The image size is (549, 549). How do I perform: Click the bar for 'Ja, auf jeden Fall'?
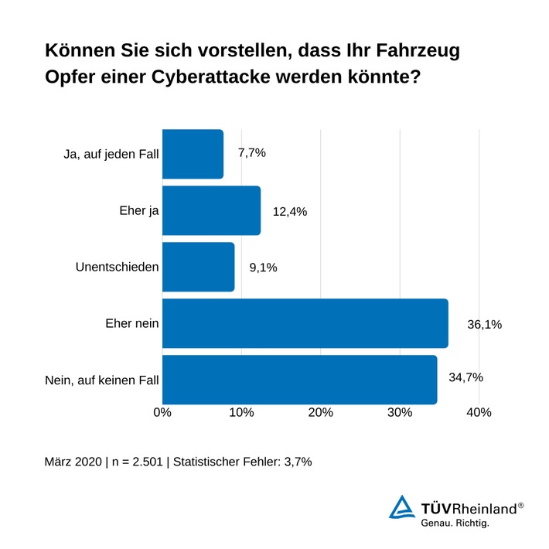pyautogui.click(x=193, y=154)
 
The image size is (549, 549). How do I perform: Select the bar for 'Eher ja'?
pyautogui.click(x=211, y=210)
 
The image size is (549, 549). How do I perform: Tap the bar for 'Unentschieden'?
pyautogui.click(x=198, y=267)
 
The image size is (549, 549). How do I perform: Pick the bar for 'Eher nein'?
pyautogui.click(x=305, y=323)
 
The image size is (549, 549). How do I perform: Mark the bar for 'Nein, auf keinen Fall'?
pyautogui.click(x=299, y=380)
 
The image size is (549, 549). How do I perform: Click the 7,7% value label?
pyautogui.click(x=251, y=153)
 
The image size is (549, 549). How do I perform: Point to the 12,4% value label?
pyautogui.click(x=290, y=211)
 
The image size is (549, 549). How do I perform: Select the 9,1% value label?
pyautogui.click(x=263, y=268)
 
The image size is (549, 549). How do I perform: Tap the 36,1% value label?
pyautogui.click(x=484, y=325)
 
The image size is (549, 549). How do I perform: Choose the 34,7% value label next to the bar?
pyautogui.click(x=465, y=377)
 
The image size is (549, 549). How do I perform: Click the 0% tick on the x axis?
pyautogui.click(x=162, y=413)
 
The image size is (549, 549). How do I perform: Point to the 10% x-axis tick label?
pyautogui.click(x=241, y=413)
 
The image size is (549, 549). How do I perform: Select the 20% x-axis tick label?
pyautogui.click(x=321, y=413)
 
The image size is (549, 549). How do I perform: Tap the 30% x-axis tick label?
pyautogui.click(x=400, y=413)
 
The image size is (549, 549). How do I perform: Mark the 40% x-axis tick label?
pyautogui.click(x=479, y=413)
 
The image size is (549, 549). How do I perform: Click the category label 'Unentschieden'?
pyautogui.click(x=118, y=268)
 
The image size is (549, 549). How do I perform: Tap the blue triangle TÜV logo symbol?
pyautogui.click(x=401, y=508)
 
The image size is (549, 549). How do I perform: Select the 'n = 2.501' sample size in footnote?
pyautogui.click(x=135, y=462)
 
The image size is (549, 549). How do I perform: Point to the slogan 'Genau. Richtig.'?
pyautogui.click(x=455, y=523)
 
